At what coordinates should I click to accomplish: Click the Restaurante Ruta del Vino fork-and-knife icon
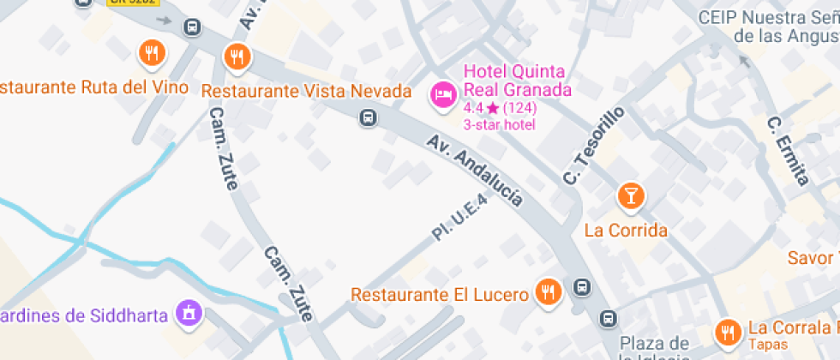click(x=152, y=54)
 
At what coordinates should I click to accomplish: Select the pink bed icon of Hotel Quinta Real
click(x=443, y=94)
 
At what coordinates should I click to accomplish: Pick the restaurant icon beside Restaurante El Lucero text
click(x=547, y=293)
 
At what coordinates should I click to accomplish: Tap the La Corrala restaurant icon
click(x=729, y=330)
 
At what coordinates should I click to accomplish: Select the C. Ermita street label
click(x=788, y=151)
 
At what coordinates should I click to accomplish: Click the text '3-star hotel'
click(x=499, y=124)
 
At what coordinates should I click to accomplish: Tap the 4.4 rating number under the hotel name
click(x=472, y=108)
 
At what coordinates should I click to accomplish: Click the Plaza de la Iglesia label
click(x=656, y=348)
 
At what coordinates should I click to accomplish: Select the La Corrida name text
click(x=626, y=230)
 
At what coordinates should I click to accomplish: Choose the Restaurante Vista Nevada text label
click(x=306, y=92)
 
